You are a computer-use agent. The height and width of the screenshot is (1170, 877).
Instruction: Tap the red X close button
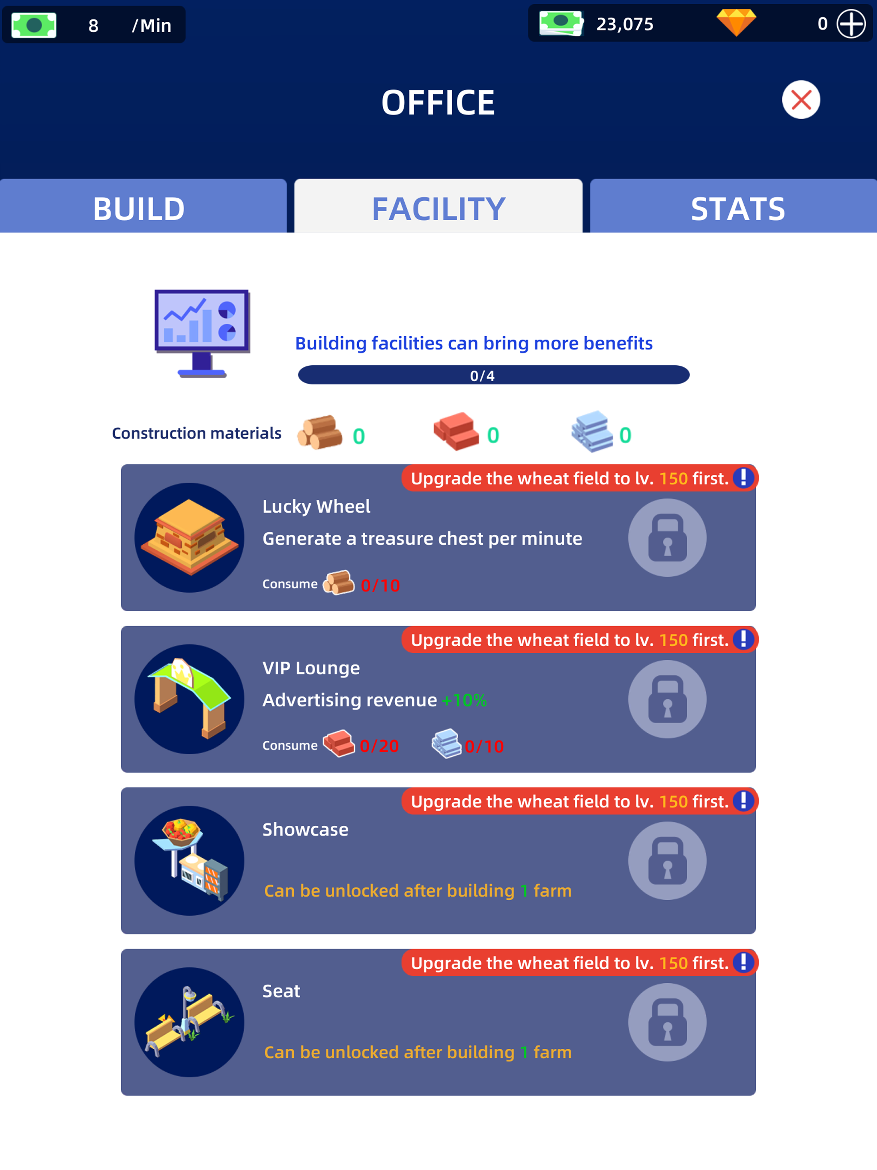coord(800,99)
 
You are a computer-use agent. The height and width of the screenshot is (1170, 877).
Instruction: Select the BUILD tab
coord(139,208)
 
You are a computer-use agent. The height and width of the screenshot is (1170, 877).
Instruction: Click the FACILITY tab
coord(438,208)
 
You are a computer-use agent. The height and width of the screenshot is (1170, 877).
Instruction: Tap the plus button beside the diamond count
coord(850,24)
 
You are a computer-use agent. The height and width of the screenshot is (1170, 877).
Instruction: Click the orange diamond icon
coord(736,23)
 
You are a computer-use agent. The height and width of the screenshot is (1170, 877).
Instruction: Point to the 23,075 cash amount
coord(624,24)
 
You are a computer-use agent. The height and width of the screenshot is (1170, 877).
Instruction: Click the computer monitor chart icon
coord(202,332)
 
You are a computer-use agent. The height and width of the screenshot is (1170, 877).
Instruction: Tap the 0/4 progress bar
coord(493,375)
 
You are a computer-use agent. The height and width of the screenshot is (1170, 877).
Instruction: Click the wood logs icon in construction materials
coord(320,433)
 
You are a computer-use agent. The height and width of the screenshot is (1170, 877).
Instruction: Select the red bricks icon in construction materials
coord(456,431)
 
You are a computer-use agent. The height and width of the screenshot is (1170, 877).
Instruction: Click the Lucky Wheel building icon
coord(189,537)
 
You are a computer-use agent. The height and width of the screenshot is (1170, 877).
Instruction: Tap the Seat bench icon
coord(189,1022)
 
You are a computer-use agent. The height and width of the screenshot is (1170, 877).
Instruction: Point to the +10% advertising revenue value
coord(464,700)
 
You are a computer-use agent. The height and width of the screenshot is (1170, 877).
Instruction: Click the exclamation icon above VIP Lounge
coord(743,639)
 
